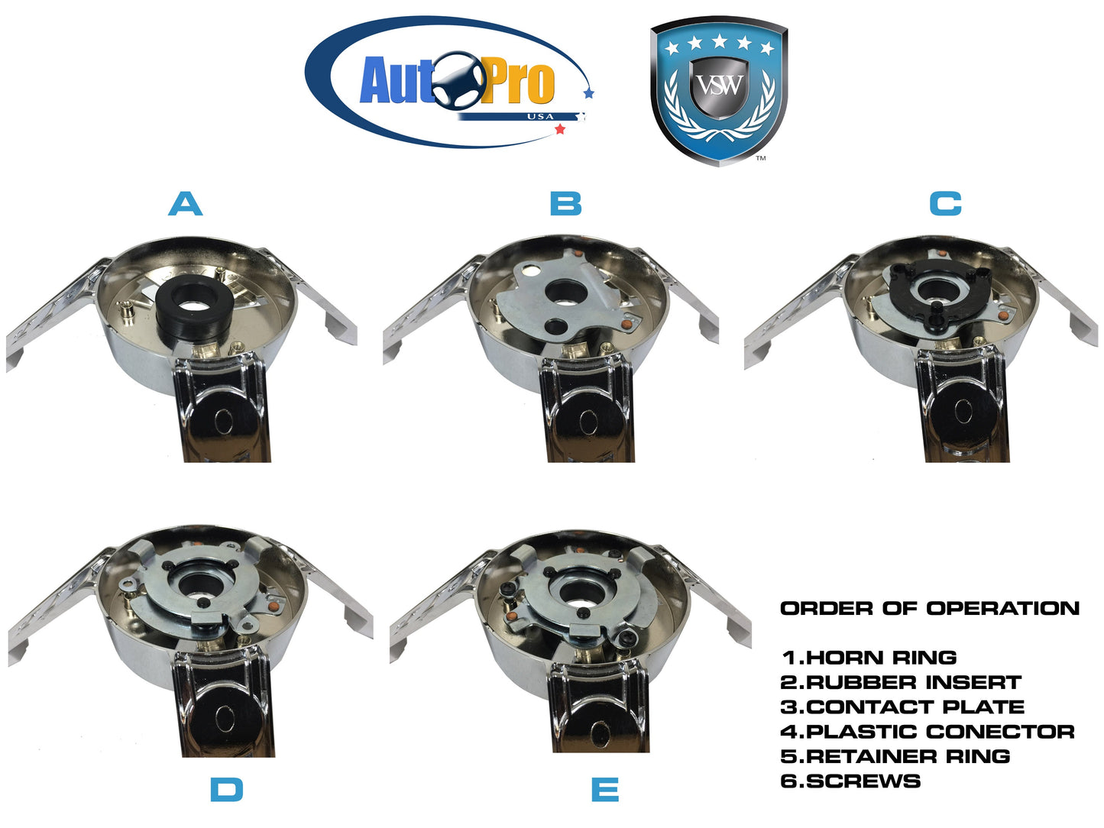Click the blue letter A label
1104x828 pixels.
[x=185, y=205]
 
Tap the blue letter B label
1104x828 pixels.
[x=566, y=205]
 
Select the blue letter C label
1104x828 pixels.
[x=946, y=205]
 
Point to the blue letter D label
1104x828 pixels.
[x=227, y=790]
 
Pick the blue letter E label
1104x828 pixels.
[x=605, y=790]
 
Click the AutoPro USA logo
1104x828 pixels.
[x=450, y=82]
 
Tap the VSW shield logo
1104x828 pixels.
[x=718, y=90]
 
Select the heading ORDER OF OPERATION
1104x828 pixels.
[x=930, y=609]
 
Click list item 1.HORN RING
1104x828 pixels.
[x=869, y=658]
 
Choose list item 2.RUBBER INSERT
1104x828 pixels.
[x=901, y=683]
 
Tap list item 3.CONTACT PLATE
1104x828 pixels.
[x=902, y=707]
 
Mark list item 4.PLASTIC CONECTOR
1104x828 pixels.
[x=928, y=732]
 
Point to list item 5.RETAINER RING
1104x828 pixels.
[x=895, y=757]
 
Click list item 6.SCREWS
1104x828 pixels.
[x=850, y=781]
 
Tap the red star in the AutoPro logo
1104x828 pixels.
[x=560, y=130]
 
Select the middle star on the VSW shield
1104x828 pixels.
[x=720, y=40]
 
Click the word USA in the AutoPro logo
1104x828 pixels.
[x=541, y=117]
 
